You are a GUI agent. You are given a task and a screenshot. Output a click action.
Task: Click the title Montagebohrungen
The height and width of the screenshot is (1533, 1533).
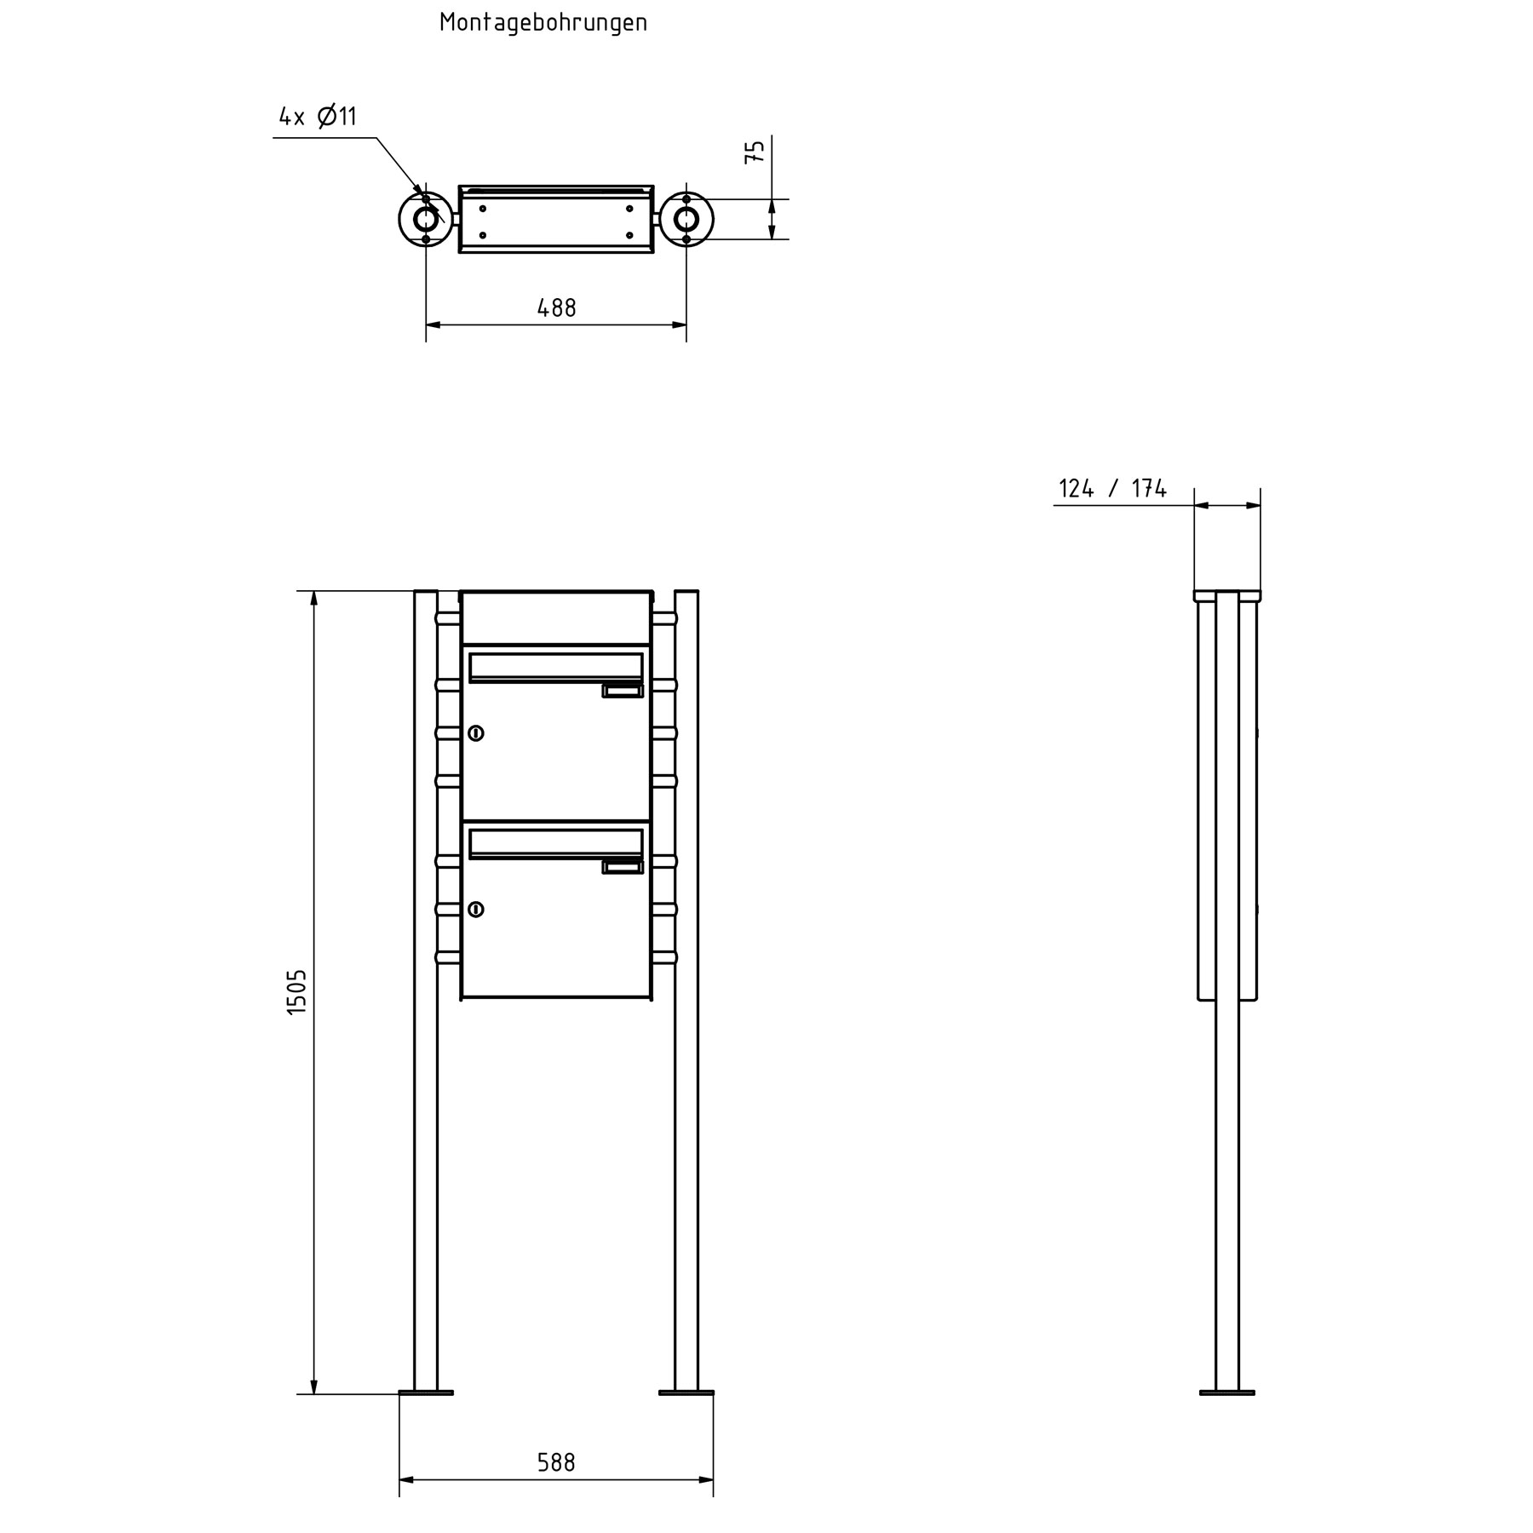click(x=543, y=23)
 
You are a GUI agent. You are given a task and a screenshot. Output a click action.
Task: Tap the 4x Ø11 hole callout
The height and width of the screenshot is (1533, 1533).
click(x=318, y=116)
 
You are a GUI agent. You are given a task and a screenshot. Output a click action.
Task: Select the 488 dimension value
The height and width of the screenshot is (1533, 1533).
click(x=556, y=307)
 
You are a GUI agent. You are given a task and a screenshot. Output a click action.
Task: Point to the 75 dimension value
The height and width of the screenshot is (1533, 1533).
click(x=755, y=152)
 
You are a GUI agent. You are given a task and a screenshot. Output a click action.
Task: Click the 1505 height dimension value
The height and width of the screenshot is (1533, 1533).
click(x=296, y=991)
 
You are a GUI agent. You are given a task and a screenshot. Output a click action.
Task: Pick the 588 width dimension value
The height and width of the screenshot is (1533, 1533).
click(x=556, y=1462)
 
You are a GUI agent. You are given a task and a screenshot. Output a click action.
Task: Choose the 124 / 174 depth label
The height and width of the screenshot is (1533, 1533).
click(x=1112, y=489)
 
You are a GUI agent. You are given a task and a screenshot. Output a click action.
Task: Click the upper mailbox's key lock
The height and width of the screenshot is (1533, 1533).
click(x=476, y=732)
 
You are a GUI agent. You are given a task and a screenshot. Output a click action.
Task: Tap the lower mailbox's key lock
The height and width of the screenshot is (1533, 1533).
click(x=476, y=910)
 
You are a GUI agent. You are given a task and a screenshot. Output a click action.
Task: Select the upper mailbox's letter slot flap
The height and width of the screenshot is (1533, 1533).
click(x=556, y=668)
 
